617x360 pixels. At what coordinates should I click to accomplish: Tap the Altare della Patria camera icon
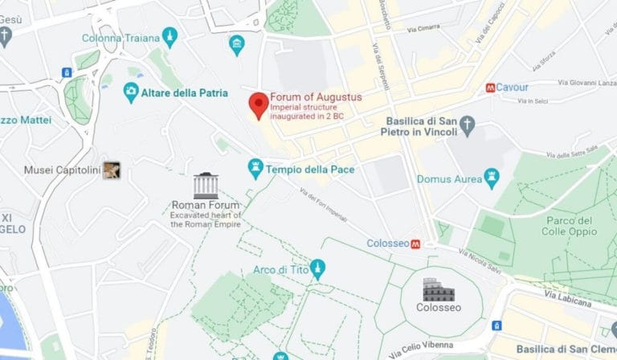tap(131, 92)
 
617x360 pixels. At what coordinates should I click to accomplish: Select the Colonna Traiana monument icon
tap(170, 37)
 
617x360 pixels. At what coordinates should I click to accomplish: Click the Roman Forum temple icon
tap(206, 186)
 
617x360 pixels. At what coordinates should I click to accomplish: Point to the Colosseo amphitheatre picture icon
tap(439, 289)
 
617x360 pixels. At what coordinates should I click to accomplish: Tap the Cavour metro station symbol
tap(490, 88)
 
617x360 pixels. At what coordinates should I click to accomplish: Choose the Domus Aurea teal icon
tap(492, 178)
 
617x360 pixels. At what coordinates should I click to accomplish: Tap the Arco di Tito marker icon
tap(318, 269)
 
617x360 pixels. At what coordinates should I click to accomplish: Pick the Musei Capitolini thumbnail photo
tap(111, 170)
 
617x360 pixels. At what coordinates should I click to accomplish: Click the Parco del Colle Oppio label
tap(569, 227)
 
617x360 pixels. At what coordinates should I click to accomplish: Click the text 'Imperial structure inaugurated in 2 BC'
tap(305, 112)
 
